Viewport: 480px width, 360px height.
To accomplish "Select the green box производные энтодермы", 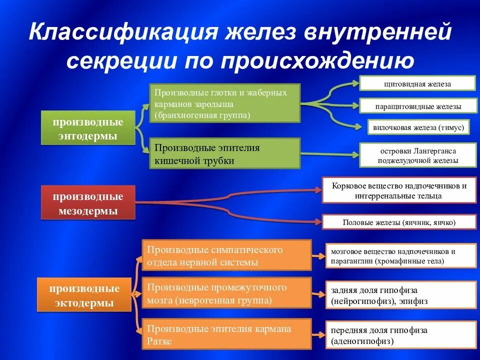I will coord(88,128).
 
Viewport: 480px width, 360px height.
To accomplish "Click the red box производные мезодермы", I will coord(88,202).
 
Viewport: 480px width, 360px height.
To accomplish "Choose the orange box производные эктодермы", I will coord(84,295).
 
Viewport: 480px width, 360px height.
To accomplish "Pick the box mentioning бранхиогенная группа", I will coord(225,103).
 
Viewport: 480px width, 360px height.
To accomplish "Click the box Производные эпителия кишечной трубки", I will coord(225,154).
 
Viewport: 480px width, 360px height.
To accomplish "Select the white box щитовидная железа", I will coord(417,83).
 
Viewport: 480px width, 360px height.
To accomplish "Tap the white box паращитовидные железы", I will coord(417,106).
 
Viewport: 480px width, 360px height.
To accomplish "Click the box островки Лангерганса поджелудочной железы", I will coord(417,155).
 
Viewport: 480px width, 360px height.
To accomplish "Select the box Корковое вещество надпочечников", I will coord(399,190).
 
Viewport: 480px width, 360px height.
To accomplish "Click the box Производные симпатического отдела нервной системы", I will coord(226,255).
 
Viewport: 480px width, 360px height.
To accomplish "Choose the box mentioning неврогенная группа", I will coord(226,293).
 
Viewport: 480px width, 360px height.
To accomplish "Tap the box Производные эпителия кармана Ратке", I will coord(226,334).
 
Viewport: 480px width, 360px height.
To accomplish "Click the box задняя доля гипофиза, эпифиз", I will coord(401,295).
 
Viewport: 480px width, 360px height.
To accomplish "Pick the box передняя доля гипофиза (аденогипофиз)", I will coord(401,336).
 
